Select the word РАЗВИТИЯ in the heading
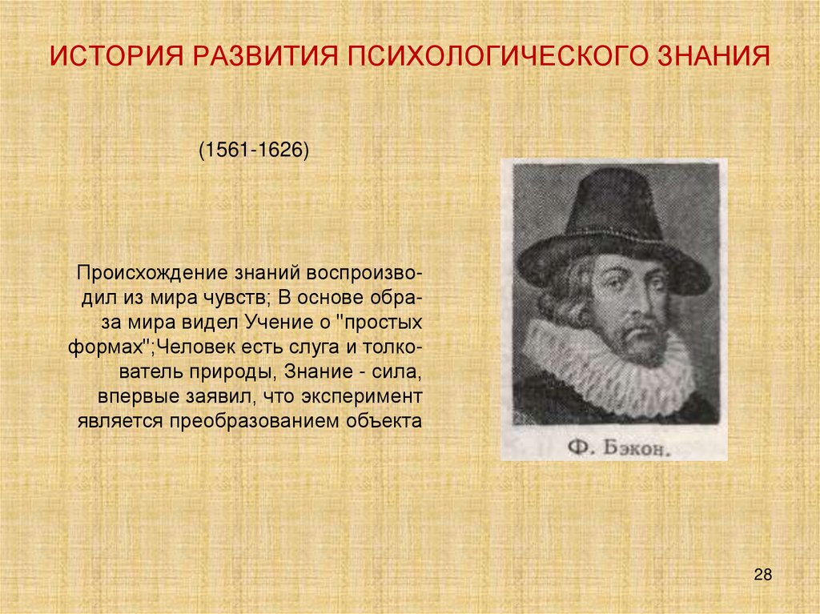[261, 57]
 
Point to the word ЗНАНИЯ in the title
[714, 57]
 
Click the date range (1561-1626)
[254, 150]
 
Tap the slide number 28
[762, 575]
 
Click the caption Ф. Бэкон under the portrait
[617, 448]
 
